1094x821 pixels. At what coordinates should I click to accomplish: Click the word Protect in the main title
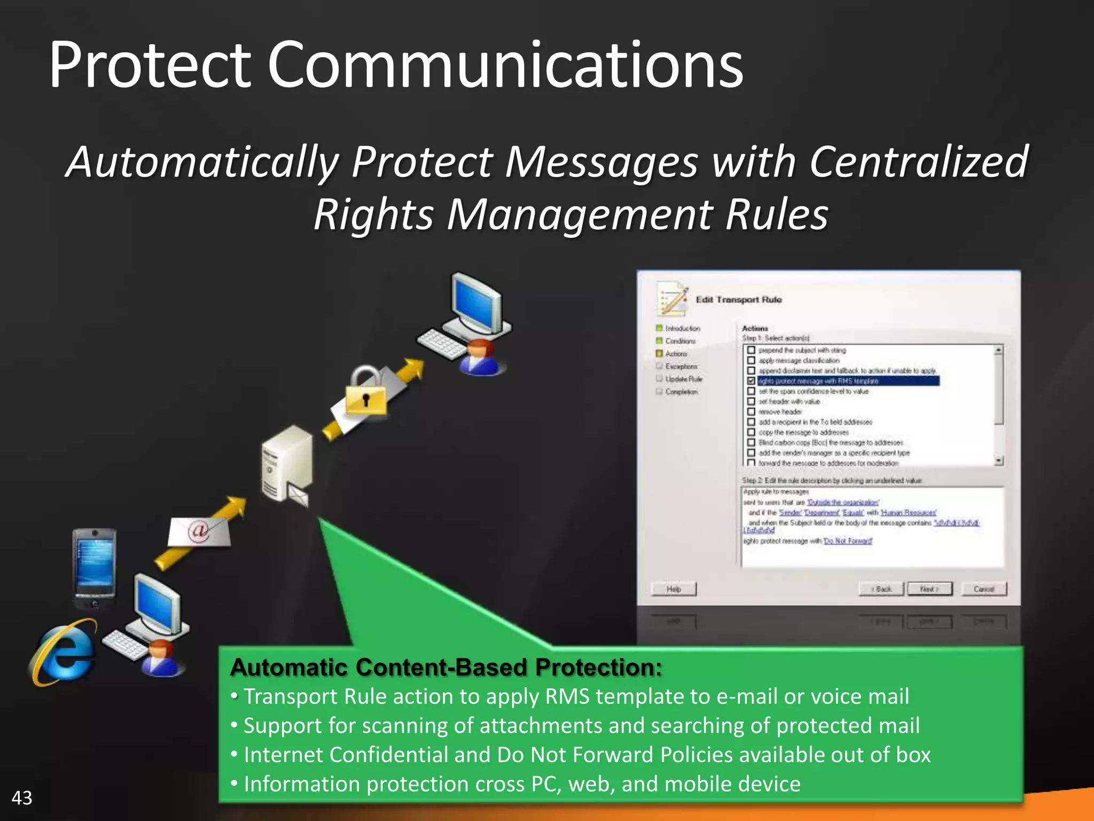(x=150, y=65)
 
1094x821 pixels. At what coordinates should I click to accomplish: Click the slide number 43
(x=22, y=798)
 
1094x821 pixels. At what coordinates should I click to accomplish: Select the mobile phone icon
(x=95, y=568)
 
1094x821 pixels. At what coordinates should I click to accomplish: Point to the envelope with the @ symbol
(x=199, y=531)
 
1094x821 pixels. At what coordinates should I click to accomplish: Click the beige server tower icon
(x=286, y=463)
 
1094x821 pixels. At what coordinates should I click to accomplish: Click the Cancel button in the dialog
(x=983, y=589)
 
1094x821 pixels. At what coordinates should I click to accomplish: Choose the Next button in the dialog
(x=929, y=589)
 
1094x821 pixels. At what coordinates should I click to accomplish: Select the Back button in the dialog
(x=881, y=589)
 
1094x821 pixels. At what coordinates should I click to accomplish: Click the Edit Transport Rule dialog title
(x=738, y=300)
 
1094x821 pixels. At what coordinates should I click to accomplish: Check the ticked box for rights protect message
(x=751, y=381)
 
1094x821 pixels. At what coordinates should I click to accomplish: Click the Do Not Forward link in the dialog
(x=848, y=541)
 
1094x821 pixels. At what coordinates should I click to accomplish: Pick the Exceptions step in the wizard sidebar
(x=681, y=367)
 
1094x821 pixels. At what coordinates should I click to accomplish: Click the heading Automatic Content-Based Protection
(x=446, y=668)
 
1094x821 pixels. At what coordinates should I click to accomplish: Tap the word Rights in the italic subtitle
(x=373, y=215)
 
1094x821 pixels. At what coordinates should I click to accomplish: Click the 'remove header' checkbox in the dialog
(x=751, y=412)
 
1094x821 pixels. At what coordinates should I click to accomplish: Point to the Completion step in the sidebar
(x=681, y=392)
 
